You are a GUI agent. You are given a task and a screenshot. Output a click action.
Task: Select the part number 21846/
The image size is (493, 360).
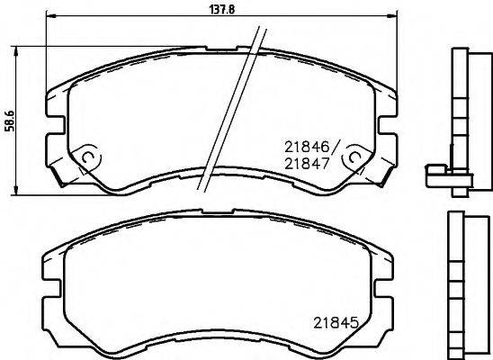310,146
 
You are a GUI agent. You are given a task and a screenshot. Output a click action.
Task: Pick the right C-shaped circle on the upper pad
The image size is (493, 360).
354,158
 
